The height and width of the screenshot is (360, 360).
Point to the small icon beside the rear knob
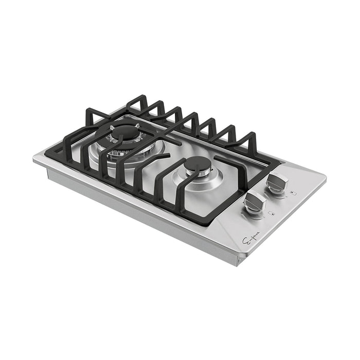coord(292,194)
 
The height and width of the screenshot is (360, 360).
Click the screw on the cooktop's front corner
coord(238,261)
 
